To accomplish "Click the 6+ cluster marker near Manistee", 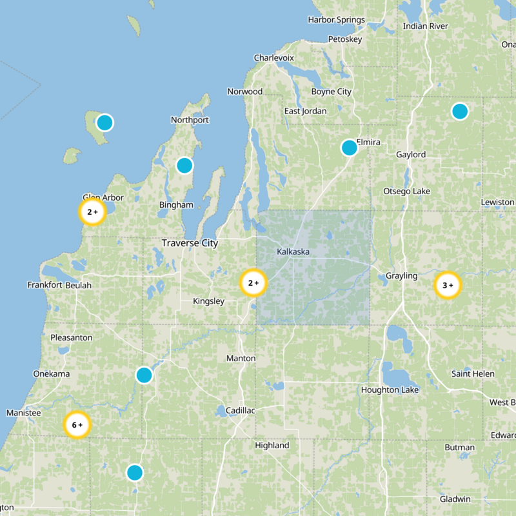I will pos(77,425).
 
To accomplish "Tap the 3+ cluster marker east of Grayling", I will pos(447,285).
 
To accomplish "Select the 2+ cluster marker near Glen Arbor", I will pos(92,212).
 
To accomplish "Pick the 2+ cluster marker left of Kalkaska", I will pos(253,283).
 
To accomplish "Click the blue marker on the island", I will pos(104,122).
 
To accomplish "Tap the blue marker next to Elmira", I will pos(349,148).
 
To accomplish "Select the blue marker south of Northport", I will pos(184,165).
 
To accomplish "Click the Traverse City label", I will pos(190,243).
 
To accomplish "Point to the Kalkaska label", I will pos(293,251).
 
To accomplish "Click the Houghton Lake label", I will pos(390,390).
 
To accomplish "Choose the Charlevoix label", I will pos(273,57).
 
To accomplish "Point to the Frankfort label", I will pos(45,284).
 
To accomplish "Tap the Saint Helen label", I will pos(473,374).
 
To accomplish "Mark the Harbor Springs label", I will pos(336,20).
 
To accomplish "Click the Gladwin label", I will pos(455,499).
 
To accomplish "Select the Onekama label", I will pos(52,373).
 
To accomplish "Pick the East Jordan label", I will pos(305,111).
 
